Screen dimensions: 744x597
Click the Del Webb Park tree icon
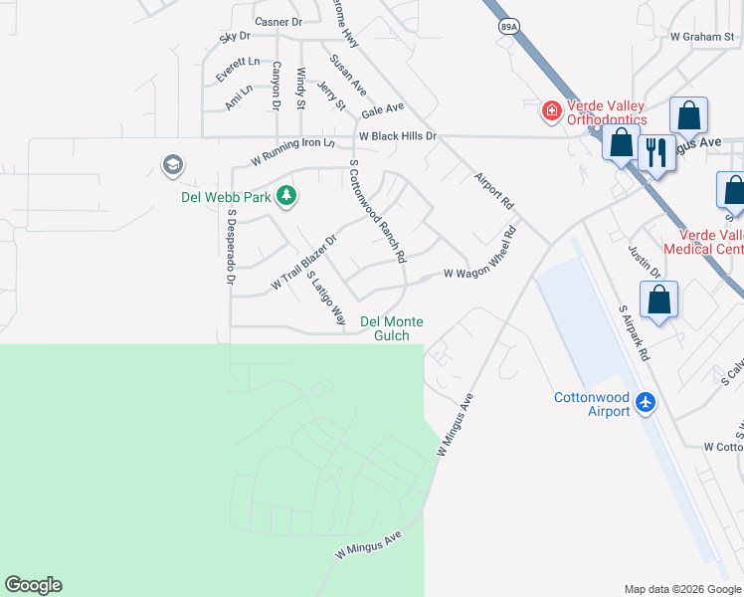(x=287, y=196)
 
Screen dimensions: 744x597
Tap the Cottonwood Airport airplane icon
(x=646, y=403)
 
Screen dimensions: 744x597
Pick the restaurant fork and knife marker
(x=654, y=152)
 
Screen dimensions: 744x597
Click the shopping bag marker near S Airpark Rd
(x=658, y=299)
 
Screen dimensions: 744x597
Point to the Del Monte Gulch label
(x=392, y=328)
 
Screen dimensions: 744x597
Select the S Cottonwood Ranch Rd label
(x=377, y=212)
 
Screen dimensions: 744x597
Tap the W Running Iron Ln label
(x=292, y=150)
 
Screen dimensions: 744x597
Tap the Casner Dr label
(x=278, y=21)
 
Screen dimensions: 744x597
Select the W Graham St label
(x=701, y=36)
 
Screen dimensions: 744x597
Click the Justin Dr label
(x=645, y=260)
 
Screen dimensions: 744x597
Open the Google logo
(x=33, y=585)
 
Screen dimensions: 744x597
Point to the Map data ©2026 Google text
(x=682, y=589)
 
